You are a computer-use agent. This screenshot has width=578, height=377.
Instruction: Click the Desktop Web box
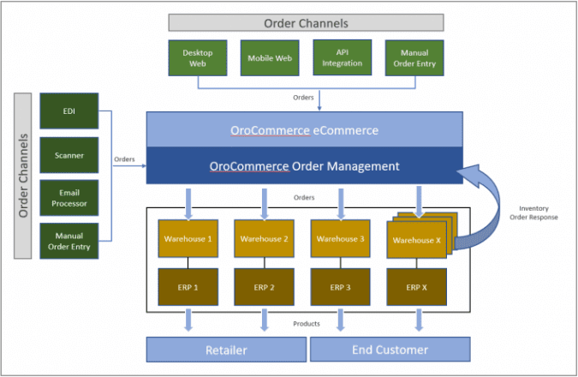[198, 57]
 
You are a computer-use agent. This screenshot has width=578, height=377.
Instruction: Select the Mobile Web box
[270, 57]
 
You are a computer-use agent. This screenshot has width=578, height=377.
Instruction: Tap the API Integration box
[343, 57]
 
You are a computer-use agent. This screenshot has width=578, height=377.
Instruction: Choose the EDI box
[69, 112]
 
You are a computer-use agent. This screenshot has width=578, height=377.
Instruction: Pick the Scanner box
[69, 155]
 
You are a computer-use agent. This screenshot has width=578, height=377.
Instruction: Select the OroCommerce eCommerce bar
[305, 130]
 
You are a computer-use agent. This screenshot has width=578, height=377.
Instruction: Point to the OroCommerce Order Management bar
[305, 165]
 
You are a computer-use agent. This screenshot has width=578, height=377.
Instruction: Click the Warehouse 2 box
[265, 239]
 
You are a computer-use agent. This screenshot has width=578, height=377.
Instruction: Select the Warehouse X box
[416, 240]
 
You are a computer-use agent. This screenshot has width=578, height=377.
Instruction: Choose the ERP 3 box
[341, 288]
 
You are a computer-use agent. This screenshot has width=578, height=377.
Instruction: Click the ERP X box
[416, 288]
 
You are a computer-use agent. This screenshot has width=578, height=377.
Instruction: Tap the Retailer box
[226, 350]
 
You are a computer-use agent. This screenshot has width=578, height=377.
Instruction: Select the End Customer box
[390, 350]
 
